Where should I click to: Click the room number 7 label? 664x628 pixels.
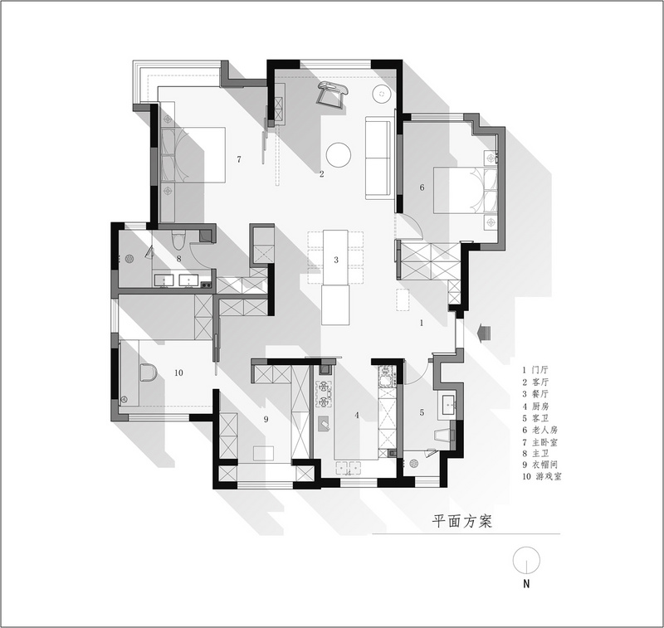click(239, 159)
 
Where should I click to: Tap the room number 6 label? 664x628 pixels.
click(422, 187)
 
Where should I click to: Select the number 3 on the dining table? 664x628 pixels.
click(336, 260)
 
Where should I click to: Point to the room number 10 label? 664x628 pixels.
click(178, 372)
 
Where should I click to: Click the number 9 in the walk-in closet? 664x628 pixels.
click(266, 419)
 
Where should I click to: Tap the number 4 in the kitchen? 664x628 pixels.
click(357, 415)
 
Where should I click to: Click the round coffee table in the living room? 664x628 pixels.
click(339, 155)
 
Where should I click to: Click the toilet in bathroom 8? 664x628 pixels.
click(178, 241)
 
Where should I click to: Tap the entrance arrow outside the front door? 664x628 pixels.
click(483, 332)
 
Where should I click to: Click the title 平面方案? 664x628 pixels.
click(462, 521)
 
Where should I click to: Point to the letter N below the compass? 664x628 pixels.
click(526, 583)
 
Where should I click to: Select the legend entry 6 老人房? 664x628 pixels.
click(540, 430)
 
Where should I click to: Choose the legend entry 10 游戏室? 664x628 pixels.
click(542, 476)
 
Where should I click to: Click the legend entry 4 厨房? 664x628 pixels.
click(535, 406)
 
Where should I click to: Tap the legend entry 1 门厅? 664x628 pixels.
click(535, 370)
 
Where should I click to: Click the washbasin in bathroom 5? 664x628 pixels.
click(447, 406)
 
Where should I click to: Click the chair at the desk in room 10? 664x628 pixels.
click(148, 372)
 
